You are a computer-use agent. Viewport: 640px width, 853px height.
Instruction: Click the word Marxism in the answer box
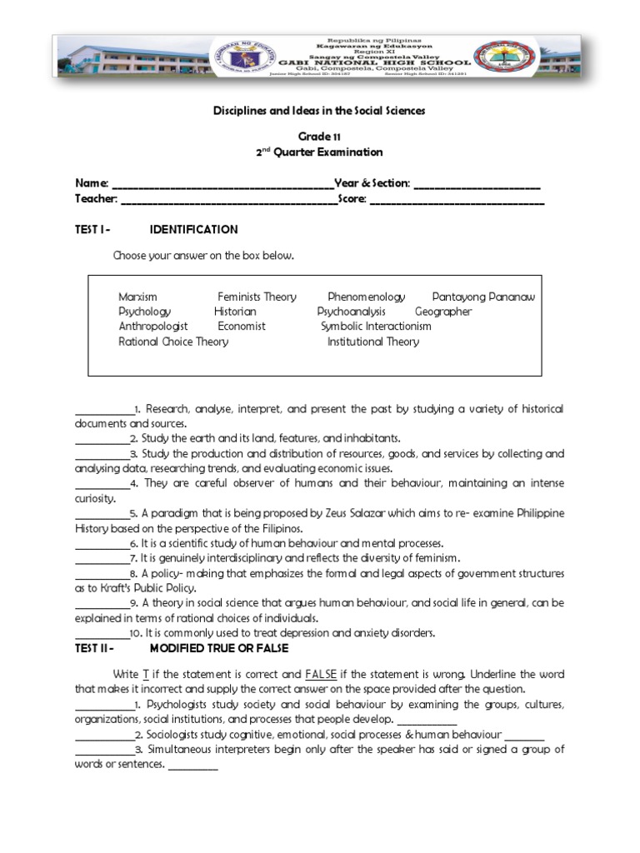[137, 297]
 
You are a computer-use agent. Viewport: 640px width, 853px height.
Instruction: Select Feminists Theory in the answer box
[257, 297]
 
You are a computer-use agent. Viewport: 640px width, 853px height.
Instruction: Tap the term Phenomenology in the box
[366, 297]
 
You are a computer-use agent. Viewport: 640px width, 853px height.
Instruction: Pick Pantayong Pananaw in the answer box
[483, 297]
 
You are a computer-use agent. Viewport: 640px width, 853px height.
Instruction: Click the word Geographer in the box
[443, 312]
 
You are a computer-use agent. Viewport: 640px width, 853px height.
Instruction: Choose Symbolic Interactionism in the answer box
[376, 327]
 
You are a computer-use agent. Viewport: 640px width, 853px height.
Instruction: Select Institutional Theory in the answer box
[373, 342]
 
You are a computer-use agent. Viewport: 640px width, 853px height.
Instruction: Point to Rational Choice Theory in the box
[173, 342]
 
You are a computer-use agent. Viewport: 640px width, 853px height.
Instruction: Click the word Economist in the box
[242, 327]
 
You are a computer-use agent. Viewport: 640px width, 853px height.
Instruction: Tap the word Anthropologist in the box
[153, 327]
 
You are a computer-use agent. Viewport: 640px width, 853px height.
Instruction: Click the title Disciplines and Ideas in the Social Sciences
[319, 110]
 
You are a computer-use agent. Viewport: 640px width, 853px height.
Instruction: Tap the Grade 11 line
[319, 136]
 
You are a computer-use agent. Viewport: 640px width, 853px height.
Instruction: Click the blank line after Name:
[222, 184]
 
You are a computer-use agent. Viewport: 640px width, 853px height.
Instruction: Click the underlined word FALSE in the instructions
[319, 673]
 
